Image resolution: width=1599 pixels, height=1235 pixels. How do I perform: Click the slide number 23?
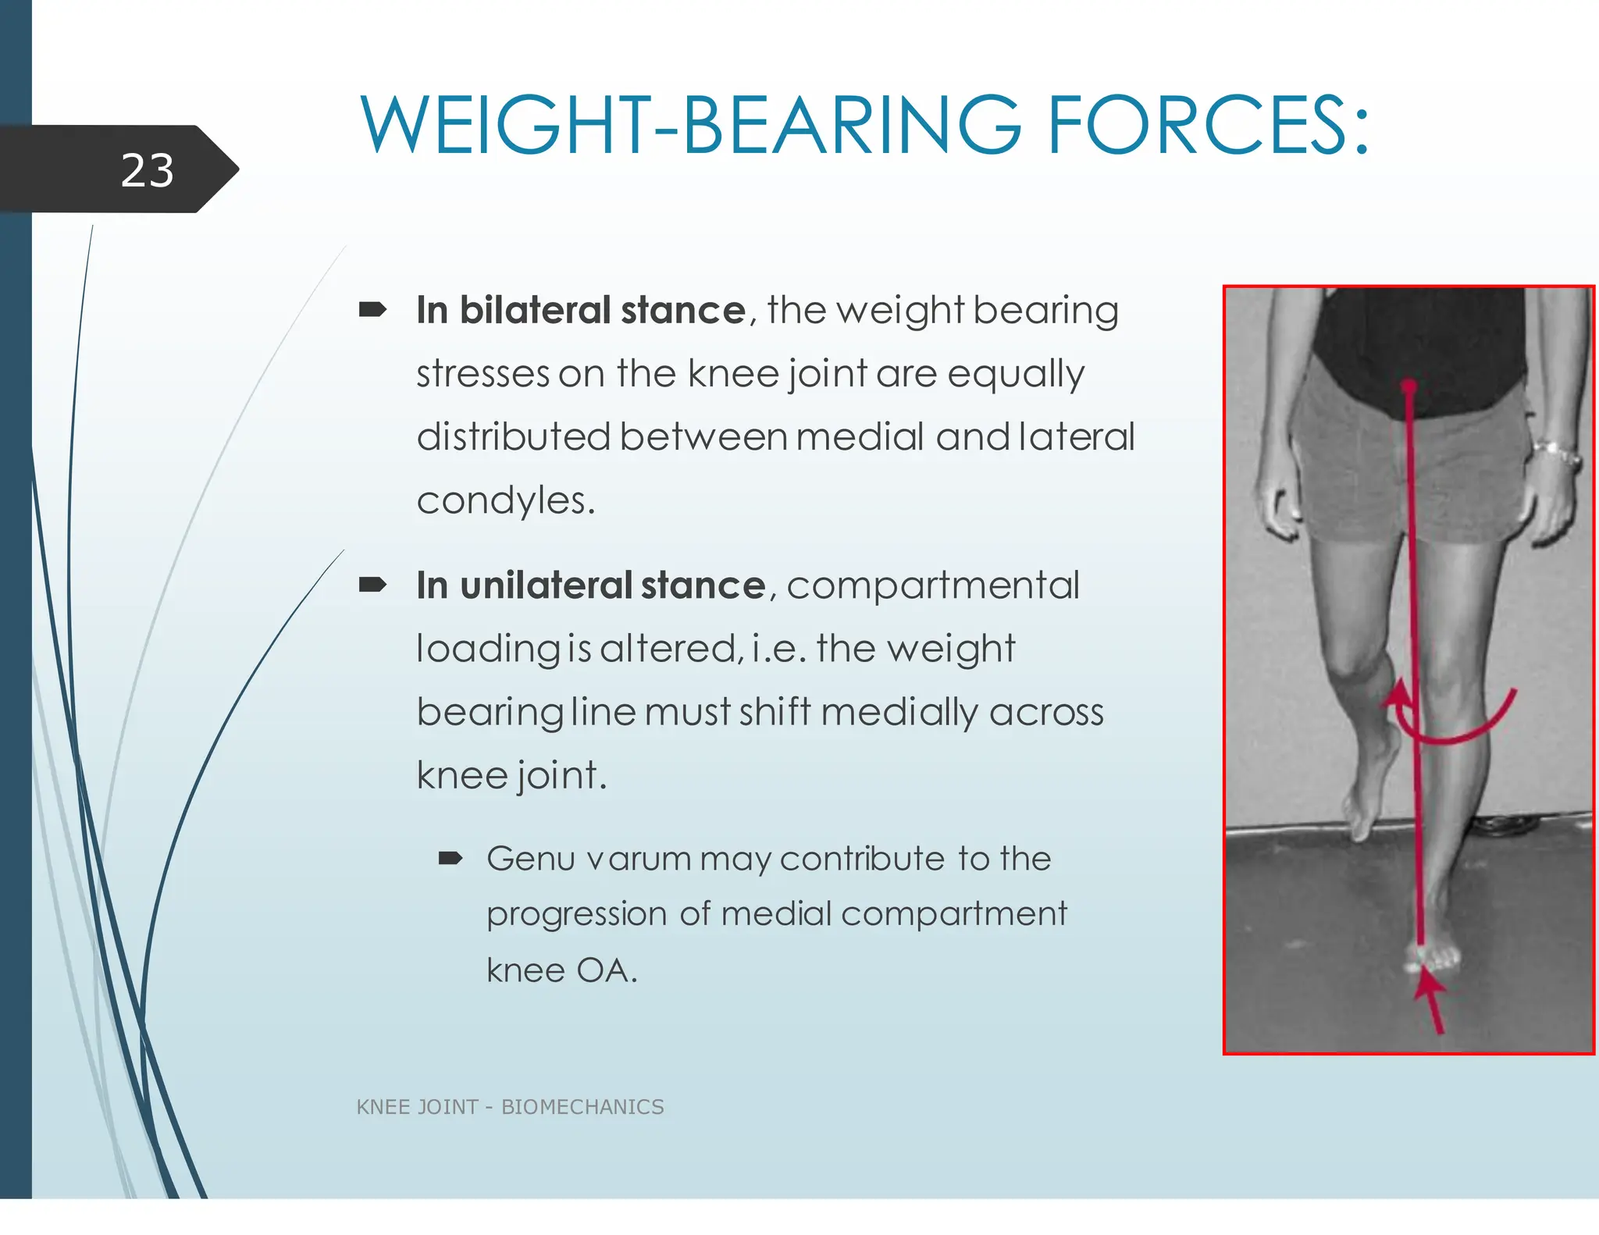click(147, 170)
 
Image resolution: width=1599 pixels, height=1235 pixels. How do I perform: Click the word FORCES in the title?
click(1207, 125)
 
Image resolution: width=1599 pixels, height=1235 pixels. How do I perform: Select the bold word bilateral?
click(535, 310)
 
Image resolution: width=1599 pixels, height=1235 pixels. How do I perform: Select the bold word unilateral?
click(546, 585)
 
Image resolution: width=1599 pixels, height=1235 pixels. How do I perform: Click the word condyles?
click(504, 500)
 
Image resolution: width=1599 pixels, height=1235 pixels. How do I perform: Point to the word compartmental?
click(933, 585)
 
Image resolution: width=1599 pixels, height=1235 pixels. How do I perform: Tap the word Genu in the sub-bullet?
click(531, 859)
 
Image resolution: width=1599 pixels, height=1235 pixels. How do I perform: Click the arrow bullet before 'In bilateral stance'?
click(372, 311)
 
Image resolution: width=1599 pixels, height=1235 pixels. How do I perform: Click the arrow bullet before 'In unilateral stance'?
click(372, 585)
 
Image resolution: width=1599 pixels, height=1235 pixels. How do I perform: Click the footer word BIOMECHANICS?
click(582, 1107)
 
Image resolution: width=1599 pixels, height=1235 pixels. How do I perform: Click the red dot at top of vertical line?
click(1408, 386)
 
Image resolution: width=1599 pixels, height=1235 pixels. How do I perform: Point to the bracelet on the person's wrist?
click(1556, 453)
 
